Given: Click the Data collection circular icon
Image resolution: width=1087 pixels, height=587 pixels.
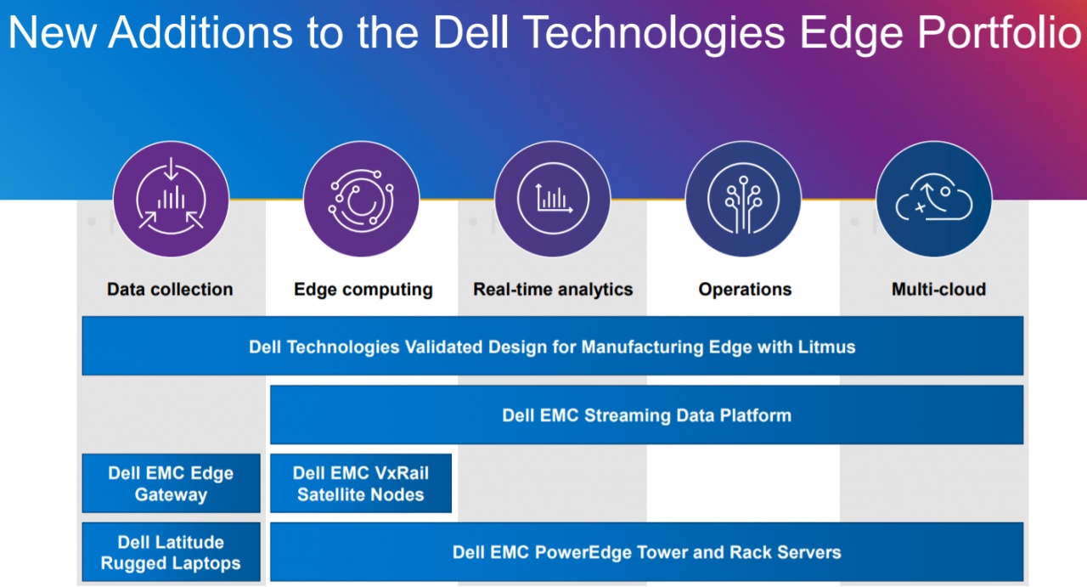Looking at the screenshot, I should (171, 199).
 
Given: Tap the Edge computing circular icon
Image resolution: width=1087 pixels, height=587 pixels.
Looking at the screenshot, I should (362, 199).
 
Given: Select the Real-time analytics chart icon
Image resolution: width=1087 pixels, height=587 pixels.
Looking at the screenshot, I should (553, 199).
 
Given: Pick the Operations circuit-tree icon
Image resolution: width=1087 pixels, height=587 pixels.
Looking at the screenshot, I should (743, 199).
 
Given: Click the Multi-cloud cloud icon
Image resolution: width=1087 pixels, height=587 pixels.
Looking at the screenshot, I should (933, 199).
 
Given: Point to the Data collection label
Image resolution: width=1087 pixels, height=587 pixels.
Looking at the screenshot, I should (170, 290).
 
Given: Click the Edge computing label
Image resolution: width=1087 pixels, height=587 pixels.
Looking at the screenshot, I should (363, 290).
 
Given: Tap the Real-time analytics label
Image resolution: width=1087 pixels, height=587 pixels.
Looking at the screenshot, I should (553, 290).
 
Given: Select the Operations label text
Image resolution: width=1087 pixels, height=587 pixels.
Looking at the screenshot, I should (745, 290).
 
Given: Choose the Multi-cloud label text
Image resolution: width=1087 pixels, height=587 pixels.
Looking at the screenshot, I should (938, 290).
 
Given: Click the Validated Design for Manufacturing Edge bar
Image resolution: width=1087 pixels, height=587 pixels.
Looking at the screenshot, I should (552, 347).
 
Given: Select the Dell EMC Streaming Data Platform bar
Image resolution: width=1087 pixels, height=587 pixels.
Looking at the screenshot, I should (646, 415).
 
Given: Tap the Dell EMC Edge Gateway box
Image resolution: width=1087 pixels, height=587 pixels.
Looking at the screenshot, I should (171, 484).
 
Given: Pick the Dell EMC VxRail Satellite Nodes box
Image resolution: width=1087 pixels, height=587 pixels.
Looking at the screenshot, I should (361, 484).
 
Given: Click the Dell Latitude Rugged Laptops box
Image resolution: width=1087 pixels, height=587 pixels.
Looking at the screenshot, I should (171, 552).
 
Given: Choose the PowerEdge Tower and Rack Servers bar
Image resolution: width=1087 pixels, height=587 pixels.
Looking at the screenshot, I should (646, 552).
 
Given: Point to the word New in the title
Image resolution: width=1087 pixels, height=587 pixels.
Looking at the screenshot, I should (53, 32).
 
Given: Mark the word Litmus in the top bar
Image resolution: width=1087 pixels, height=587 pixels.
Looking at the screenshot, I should (829, 347).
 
